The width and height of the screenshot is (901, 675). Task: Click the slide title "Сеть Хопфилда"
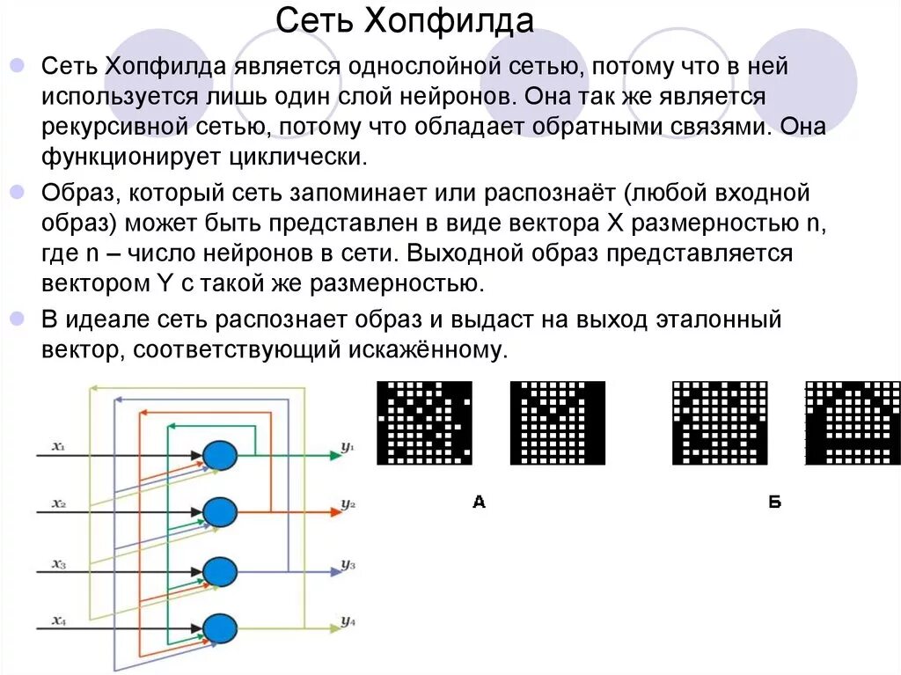click(x=406, y=18)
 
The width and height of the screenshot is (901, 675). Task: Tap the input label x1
click(x=58, y=447)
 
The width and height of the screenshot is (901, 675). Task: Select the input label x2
click(x=58, y=503)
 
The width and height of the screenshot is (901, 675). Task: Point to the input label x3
click(x=58, y=564)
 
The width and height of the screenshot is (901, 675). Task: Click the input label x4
click(x=58, y=620)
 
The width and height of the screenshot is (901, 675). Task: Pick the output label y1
click(x=348, y=448)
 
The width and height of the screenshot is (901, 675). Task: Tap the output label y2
click(x=348, y=505)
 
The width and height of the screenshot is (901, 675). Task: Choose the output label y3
click(x=348, y=565)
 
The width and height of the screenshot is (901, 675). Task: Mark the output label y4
click(x=348, y=622)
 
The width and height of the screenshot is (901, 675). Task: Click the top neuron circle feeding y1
click(x=219, y=455)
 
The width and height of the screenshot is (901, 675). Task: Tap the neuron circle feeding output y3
click(x=219, y=571)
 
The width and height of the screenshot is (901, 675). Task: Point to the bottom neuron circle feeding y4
click(x=219, y=628)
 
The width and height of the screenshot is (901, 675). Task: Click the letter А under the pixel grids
click(x=479, y=503)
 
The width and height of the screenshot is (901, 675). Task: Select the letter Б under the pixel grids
click(x=774, y=503)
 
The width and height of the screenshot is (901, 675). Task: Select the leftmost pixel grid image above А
click(x=424, y=422)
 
